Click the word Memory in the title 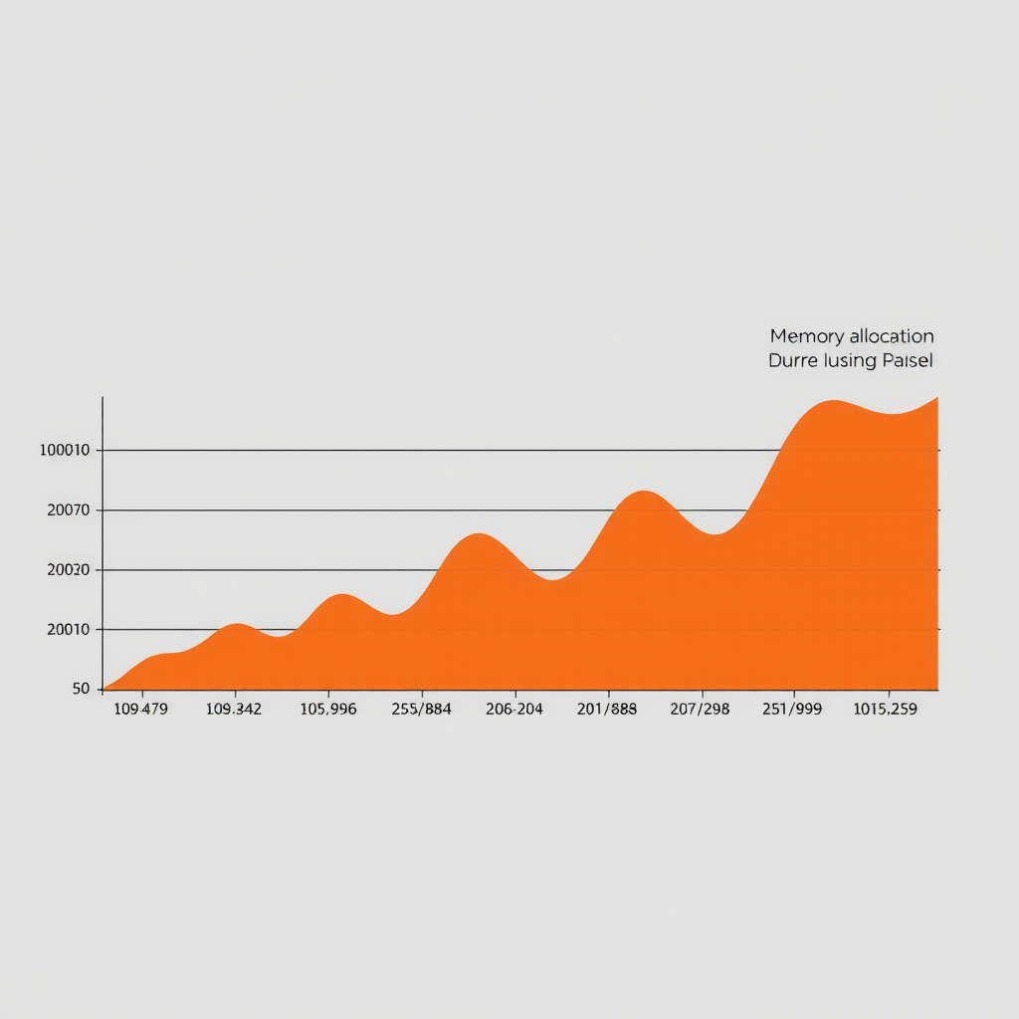click(x=807, y=336)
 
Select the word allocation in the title click(x=892, y=336)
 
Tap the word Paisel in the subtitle click(x=907, y=360)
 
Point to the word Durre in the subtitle click(x=791, y=360)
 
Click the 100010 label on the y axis click(x=65, y=450)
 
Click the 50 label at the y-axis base click(x=81, y=689)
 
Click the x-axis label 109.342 click(x=233, y=710)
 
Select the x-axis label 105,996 click(x=327, y=710)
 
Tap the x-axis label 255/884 click(x=421, y=710)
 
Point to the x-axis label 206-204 click(x=513, y=710)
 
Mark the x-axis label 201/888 click(x=607, y=710)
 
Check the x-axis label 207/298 click(x=701, y=710)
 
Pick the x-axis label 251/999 click(x=793, y=710)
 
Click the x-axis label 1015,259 click(x=885, y=710)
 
